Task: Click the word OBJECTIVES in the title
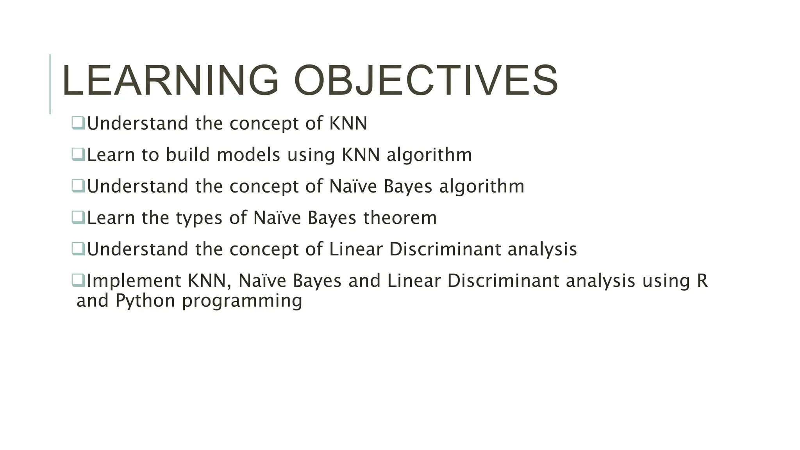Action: click(x=426, y=80)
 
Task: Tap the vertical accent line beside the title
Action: click(x=50, y=84)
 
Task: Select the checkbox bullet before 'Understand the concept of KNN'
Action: click(x=78, y=123)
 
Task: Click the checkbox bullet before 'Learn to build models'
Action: click(x=78, y=154)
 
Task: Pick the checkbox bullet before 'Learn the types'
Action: click(x=78, y=217)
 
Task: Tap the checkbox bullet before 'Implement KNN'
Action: click(x=78, y=280)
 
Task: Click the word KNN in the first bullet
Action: click(x=348, y=123)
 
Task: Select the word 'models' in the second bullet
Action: click(x=248, y=155)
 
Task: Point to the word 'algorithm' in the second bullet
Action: click(x=429, y=155)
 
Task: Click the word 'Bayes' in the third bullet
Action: click(x=408, y=187)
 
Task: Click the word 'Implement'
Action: click(x=134, y=281)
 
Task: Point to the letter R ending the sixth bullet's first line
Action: click(x=702, y=281)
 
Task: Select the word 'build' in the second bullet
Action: click(x=187, y=155)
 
